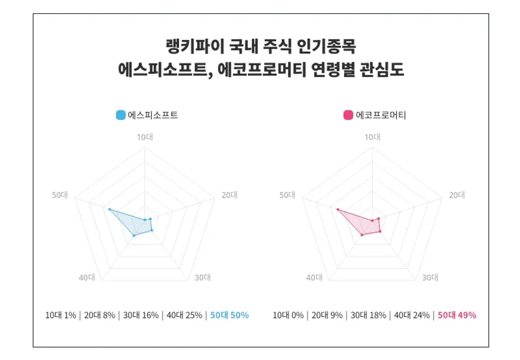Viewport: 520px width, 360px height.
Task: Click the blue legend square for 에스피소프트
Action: click(121, 115)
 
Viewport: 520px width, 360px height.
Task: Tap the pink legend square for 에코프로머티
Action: click(348, 115)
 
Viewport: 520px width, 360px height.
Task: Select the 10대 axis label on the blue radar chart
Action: click(144, 137)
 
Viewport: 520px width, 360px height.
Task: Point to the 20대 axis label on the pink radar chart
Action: click(457, 195)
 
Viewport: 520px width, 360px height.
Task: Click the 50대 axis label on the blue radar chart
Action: click(60, 195)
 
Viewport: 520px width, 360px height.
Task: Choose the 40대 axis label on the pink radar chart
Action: click(314, 277)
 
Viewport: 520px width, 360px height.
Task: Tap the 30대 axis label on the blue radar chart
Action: click(202, 277)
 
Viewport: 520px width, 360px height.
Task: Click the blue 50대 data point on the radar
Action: click(109, 209)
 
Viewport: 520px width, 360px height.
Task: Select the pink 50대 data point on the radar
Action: click(337, 210)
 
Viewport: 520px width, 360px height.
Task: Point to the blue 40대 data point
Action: click(134, 235)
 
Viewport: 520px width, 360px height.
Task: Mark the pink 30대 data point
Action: click(380, 232)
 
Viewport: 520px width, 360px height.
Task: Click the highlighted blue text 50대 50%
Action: click(229, 315)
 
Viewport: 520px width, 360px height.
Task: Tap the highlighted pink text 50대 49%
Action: click(456, 315)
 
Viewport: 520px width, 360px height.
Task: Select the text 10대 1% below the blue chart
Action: click(61, 315)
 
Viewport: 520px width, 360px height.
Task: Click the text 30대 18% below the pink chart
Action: click(368, 315)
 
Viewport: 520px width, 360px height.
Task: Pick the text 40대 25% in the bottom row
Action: click(184, 315)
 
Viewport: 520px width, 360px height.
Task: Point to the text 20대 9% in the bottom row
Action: click(328, 315)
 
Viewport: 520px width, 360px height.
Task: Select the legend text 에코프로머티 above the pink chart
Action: click(381, 115)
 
